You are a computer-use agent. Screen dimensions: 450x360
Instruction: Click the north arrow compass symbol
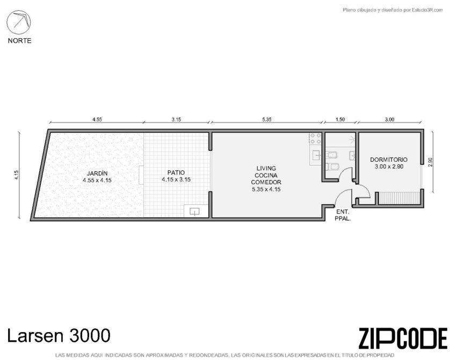tap(19, 22)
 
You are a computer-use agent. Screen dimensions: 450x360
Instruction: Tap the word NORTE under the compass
tap(19, 41)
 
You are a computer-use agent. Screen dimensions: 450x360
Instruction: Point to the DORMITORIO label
tap(389, 160)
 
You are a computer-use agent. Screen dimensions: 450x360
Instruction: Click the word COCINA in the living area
tap(266, 175)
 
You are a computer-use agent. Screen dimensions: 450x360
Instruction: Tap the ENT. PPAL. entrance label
tap(343, 215)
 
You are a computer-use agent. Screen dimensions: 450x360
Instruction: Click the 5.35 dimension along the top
tap(266, 119)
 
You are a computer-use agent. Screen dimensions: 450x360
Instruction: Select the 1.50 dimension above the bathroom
tap(340, 119)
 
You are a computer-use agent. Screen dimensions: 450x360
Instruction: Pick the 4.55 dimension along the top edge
tap(97, 119)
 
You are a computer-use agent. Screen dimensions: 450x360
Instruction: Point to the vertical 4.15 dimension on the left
tap(17, 175)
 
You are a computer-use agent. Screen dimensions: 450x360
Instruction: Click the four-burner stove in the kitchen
tap(315, 139)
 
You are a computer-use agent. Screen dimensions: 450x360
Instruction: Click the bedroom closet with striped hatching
tap(399, 198)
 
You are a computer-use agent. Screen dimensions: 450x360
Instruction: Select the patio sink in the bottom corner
tap(195, 211)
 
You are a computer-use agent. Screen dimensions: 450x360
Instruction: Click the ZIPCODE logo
tap(403, 339)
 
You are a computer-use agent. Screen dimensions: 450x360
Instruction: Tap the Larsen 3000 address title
tap(59, 335)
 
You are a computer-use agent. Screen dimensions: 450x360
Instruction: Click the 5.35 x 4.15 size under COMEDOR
tap(266, 190)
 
